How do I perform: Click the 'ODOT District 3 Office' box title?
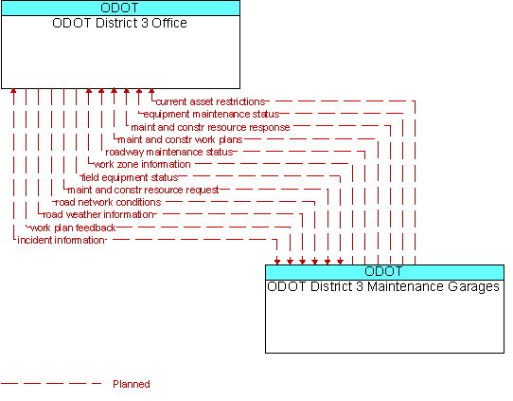[119, 23]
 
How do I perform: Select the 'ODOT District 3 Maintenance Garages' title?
[383, 286]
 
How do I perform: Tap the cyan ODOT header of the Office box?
[120, 8]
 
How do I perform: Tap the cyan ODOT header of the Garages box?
[384, 272]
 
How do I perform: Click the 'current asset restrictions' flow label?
[210, 101]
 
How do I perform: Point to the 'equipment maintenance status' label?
[211, 114]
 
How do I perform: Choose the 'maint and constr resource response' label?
[210, 127]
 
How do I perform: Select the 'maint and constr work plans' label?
[180, 139]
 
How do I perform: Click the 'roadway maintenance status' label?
[169, 152]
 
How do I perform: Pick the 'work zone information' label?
[142, 164]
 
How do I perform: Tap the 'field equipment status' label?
[130, 177]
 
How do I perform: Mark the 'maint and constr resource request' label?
[143, 190]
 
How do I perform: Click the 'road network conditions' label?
[108, 202]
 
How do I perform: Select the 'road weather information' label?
[98, 214]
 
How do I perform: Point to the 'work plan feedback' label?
[73, 228]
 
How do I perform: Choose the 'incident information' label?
[61, 240]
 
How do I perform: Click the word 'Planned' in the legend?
[132, 384]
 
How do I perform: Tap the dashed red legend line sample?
[51, 384]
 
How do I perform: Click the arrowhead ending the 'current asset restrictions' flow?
[151, 91]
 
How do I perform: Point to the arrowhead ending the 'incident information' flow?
[277, 262]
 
